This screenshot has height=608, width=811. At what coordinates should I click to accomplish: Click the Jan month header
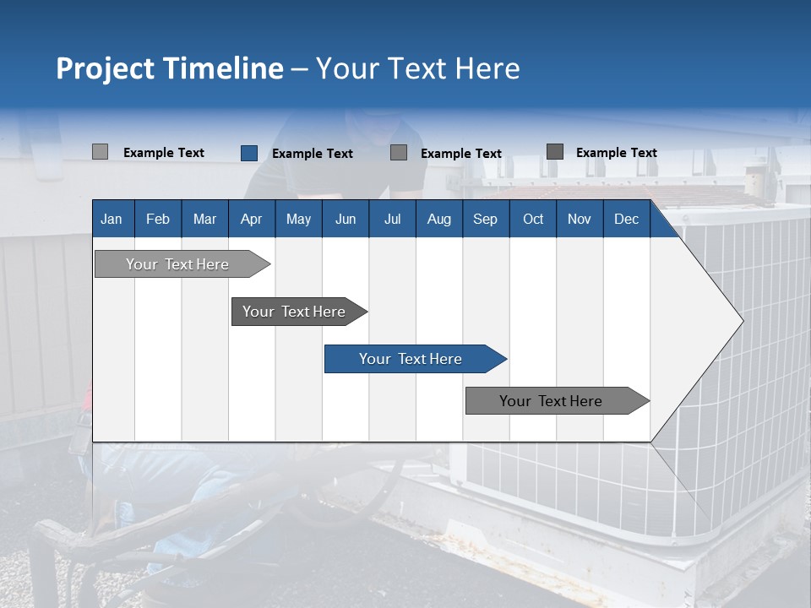click(x=112, y=219)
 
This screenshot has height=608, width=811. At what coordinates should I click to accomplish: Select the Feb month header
click(x=158, y=219)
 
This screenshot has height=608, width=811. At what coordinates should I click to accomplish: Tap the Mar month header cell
click(x=204, y=219)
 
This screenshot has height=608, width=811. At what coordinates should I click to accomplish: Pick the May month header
click(x=298, y=219)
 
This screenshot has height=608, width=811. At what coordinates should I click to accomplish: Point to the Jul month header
click(x=392, y=219)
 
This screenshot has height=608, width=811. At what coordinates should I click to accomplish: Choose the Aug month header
click(x=438, y=219)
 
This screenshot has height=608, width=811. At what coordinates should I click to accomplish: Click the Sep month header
click(x=485, y=219)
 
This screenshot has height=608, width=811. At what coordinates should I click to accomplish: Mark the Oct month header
click(x=533, y=219)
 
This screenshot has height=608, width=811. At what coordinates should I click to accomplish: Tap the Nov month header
click(x=580, y=219)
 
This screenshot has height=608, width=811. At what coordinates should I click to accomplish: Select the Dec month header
click(x=626, y=219)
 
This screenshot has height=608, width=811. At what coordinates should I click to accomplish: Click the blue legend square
click(x=249, y=153)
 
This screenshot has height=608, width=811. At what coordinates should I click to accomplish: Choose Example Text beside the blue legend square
click(x=313, y=154)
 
